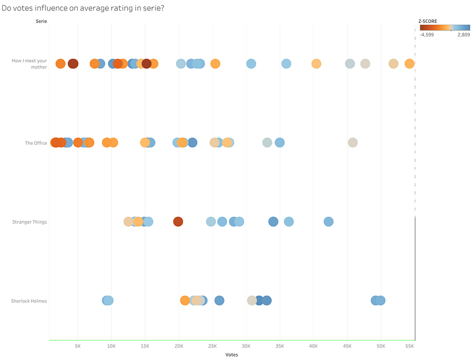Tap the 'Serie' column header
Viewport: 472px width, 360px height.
[41, 21]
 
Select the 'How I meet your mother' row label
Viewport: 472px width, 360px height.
[29, 63]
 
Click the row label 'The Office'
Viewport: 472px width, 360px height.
[36, 143]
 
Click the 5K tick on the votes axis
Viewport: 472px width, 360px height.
[78, 346]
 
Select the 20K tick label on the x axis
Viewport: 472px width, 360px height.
[179, 346]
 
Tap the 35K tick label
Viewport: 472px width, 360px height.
[280, 346]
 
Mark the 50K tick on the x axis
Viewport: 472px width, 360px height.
[380, 346]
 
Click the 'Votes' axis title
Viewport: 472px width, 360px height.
[231, 354]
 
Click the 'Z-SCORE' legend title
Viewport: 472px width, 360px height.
[428, 21]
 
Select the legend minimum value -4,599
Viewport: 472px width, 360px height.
[427, 35]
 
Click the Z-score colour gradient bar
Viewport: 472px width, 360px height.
[444, 27]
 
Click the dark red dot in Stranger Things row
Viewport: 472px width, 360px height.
[178, 221]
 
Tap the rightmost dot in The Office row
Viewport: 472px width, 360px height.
[352, 143]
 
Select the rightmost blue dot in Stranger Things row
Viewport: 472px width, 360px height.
[328, 221]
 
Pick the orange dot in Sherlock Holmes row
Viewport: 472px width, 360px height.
[185, 300]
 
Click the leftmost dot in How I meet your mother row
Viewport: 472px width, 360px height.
[60, 63]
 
